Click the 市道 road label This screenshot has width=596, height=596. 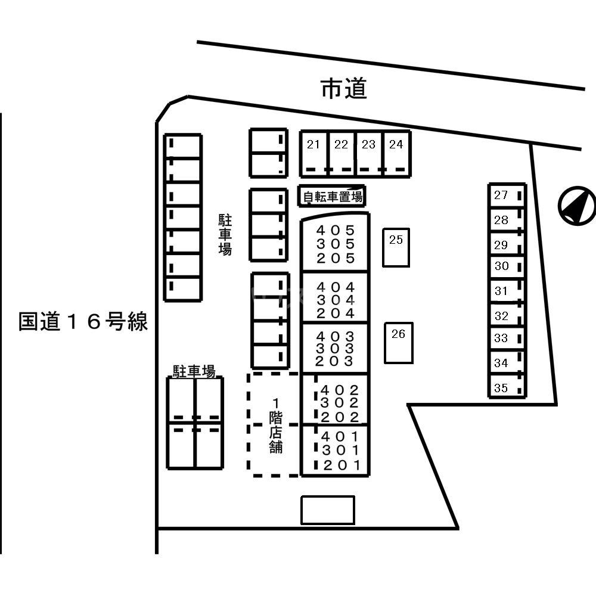pyautogui.click(x=343, y=89)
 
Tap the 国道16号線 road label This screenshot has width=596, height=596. pyautogui.click(x=83, y=322)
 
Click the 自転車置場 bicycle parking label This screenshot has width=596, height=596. pyautogui.click(x=331, y=196)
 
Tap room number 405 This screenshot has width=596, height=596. pyautogui.click(x=336, y=230)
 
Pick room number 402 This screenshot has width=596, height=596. pyautogui.click(x=340, y=390)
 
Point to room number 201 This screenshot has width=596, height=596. pyautogui.click(x=342, y=465)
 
